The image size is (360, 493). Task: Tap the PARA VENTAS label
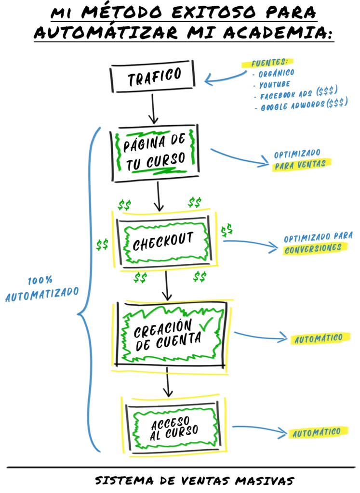(299, 164)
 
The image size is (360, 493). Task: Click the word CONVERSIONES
(312, 248)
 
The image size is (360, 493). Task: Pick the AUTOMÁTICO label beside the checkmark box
(318, 338)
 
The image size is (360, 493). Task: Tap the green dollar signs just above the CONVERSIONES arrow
(227, 230)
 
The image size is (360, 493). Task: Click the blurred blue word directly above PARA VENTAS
(297, 154)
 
